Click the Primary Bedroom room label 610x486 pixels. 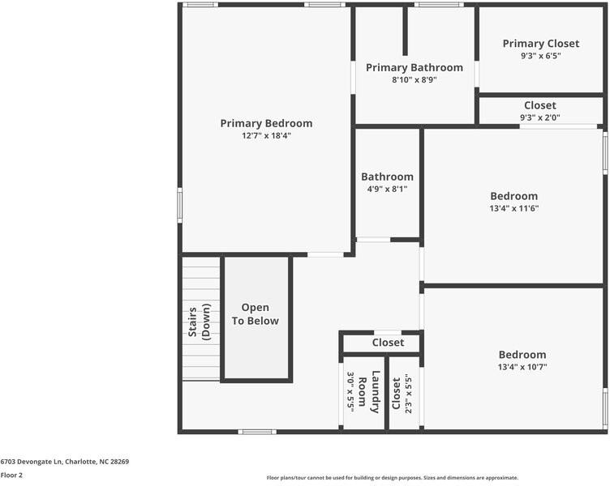[x=266, y=123]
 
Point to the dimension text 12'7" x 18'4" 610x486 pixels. [x=266, y=136]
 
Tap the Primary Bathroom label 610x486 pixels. [x=414, y=67]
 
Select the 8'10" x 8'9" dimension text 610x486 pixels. [x=414, y=79]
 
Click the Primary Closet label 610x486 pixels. [x=540, y=44]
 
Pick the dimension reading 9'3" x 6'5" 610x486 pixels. [x=540, y=56]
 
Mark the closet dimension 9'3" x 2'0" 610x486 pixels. [x=540, y=117]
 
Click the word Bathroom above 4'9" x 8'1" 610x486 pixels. [x=387, y=177]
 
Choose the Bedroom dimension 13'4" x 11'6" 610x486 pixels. [x=513, y=208]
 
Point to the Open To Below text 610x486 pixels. [x=255, y=314]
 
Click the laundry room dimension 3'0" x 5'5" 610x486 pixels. [x=351, y=392]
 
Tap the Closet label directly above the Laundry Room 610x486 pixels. [x=388, y=343]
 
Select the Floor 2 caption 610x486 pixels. [x=11, y=475]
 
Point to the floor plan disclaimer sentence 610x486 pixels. [x=392, y=478]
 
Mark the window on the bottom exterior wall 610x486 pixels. [x=257, y=432]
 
